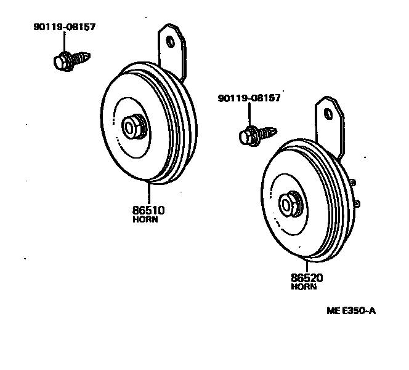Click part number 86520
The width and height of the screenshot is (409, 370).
point(307,278)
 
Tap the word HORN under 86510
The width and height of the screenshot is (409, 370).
point(145,219)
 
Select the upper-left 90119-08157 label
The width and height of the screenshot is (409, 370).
point(64,27)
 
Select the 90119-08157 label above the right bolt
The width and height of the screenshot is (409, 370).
point(249,98)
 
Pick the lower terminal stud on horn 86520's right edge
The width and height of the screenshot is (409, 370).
point(358,203)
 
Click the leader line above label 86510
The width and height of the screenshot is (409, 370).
point(148,194)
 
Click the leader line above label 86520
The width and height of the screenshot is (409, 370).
point(307,264)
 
